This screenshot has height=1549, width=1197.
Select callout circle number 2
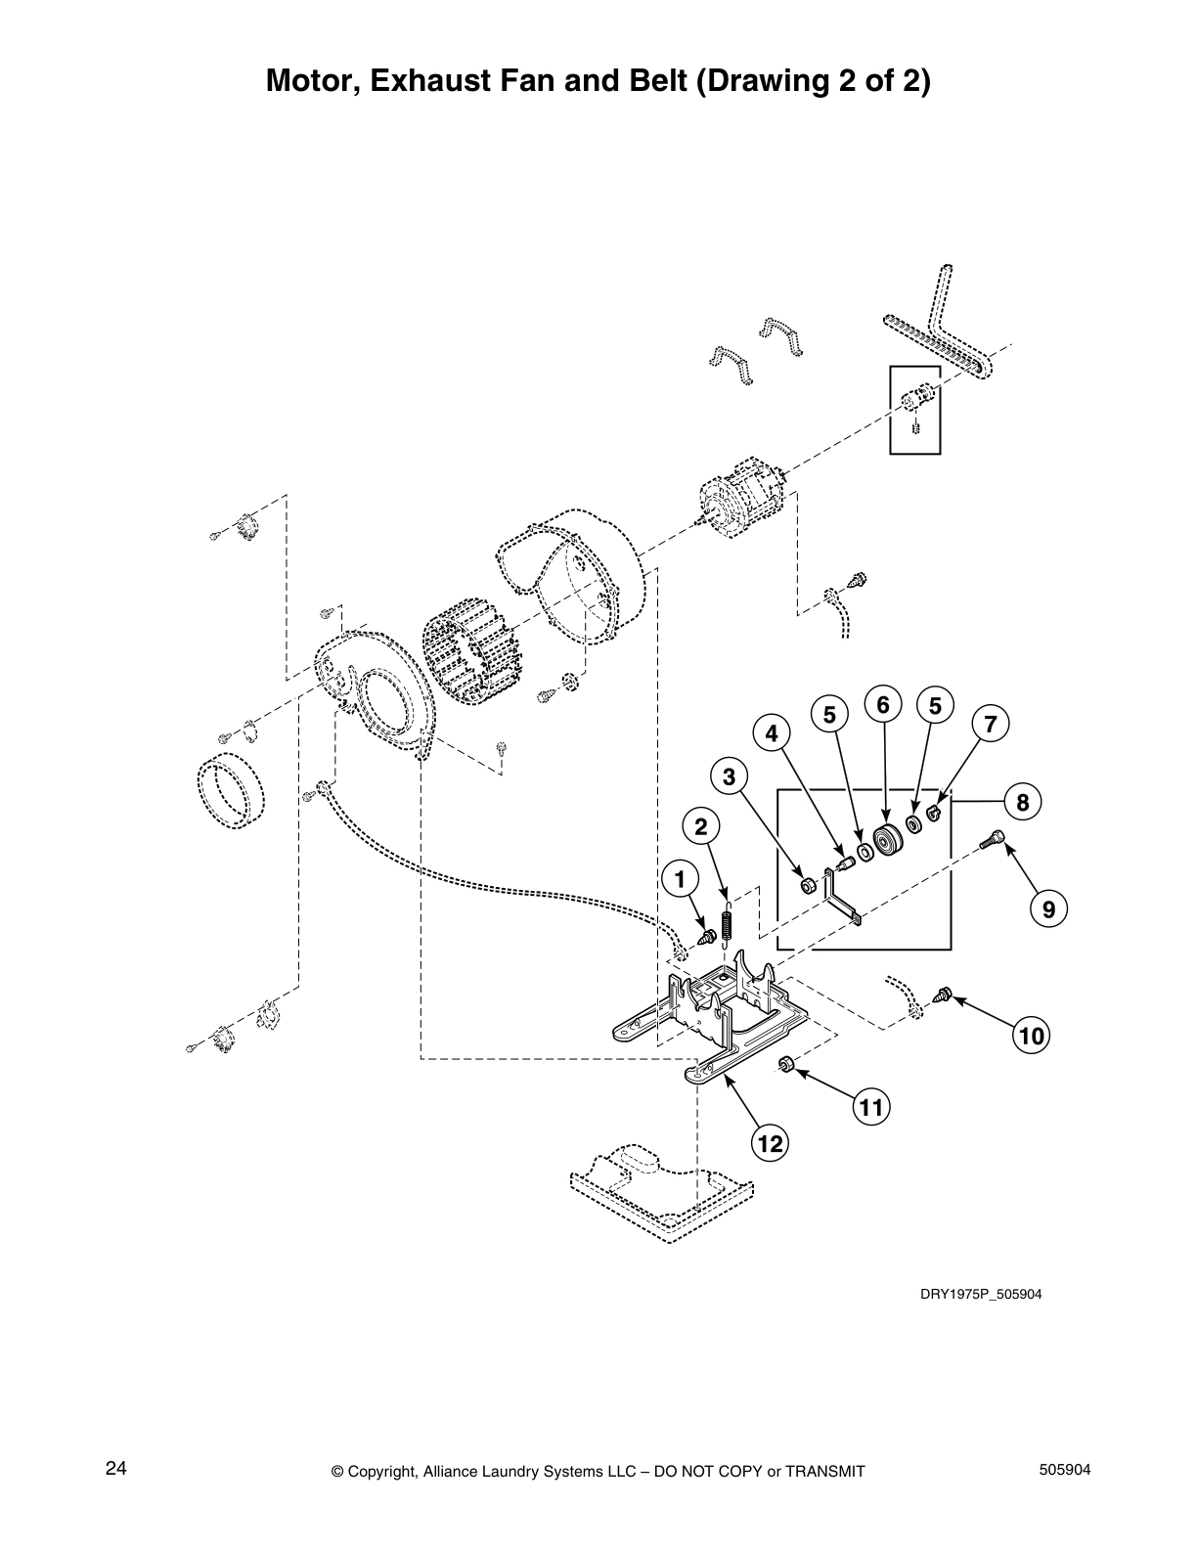[700, 827]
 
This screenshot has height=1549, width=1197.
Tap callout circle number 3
[729, 777]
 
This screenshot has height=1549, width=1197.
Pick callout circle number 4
[772, 732]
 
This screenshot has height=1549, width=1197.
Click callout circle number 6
[883, 704]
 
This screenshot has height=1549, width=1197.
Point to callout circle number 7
[991, 725]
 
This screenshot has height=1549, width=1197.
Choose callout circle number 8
[1022, 803]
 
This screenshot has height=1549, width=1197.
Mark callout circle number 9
[1048, 909]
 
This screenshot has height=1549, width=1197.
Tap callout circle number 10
[1032, 1035]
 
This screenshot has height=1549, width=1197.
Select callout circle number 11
[871, 1107]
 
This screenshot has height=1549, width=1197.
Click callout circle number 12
[771, 1142]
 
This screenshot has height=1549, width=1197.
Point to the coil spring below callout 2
[726, 924]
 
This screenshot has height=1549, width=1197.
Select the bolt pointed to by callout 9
[996, 838]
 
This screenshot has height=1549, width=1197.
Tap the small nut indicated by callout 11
[784, 1064]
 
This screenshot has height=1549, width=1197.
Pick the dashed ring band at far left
[232, 790]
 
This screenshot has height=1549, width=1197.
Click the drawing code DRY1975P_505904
[981, 1295]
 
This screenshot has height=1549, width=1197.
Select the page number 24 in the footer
[115, 1469]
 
